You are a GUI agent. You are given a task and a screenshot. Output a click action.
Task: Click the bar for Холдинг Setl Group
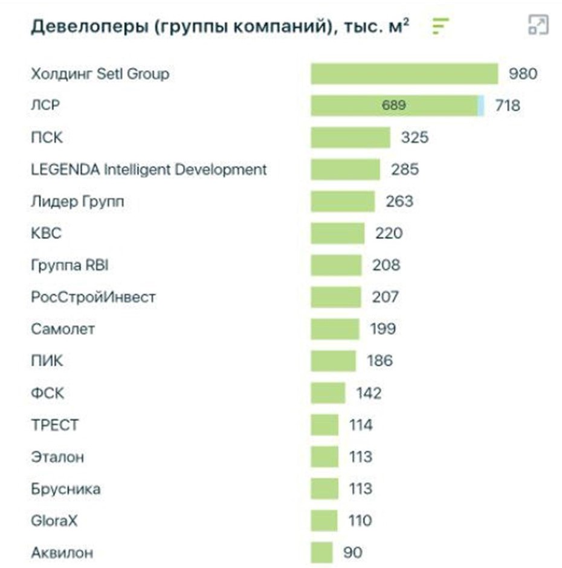(404, 74)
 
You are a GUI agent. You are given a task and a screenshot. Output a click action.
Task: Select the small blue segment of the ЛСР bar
(481, 106)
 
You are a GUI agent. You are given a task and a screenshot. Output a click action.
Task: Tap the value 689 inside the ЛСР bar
(393, 106)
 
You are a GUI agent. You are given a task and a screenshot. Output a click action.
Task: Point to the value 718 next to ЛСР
(507, 106)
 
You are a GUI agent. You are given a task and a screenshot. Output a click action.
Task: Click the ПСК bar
(350, 138)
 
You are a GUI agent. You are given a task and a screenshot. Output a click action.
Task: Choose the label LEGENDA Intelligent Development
(148, 170)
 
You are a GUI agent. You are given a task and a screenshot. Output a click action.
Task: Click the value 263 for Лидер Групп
(399, 201)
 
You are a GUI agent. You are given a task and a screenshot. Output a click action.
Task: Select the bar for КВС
(337, 233)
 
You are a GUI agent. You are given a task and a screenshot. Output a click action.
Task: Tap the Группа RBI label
(69, 265)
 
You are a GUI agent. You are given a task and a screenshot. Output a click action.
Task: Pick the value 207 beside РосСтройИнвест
(385, 297)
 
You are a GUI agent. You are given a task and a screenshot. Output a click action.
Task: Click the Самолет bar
(335, 329)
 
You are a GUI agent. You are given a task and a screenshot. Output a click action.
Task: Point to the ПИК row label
(47, 361)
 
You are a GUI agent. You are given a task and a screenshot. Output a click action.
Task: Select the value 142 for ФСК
(369, 393)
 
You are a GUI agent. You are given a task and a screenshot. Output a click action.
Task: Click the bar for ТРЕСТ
(325, 425)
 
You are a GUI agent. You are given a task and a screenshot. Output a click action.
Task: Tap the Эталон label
(57, 457)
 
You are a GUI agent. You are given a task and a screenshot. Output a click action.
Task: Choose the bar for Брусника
(325, 489)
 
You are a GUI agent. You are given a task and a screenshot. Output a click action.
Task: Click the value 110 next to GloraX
(360, 520)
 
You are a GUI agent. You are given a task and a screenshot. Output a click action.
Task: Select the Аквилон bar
(321, 552)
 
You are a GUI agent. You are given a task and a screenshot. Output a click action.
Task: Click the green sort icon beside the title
(441, 26)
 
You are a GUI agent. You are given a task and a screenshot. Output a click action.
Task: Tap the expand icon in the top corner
(537, 25)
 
